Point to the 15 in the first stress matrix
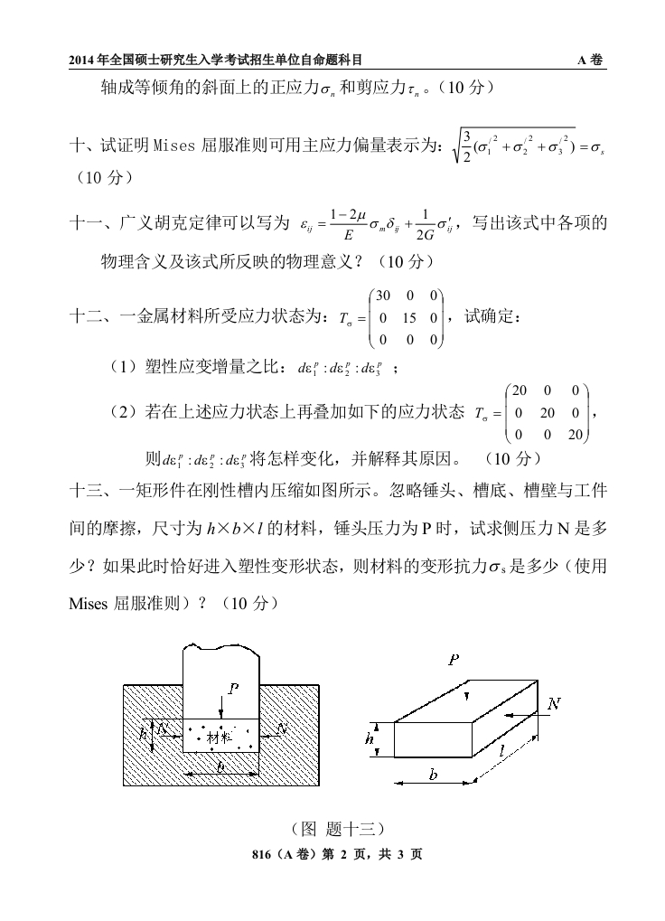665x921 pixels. tap(408, 318)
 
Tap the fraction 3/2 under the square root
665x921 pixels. tap(465, 144)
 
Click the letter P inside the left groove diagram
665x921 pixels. tap(233, 689)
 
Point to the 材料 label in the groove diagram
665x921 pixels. tap(220, 738)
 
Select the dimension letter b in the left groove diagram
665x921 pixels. tap(220, 766)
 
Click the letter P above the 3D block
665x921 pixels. tap(453, 661)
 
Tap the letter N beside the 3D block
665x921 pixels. tap(554, 702)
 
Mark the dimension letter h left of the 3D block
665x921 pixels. tap(370, 738)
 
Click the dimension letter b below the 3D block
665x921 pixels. tap(433, 775)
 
